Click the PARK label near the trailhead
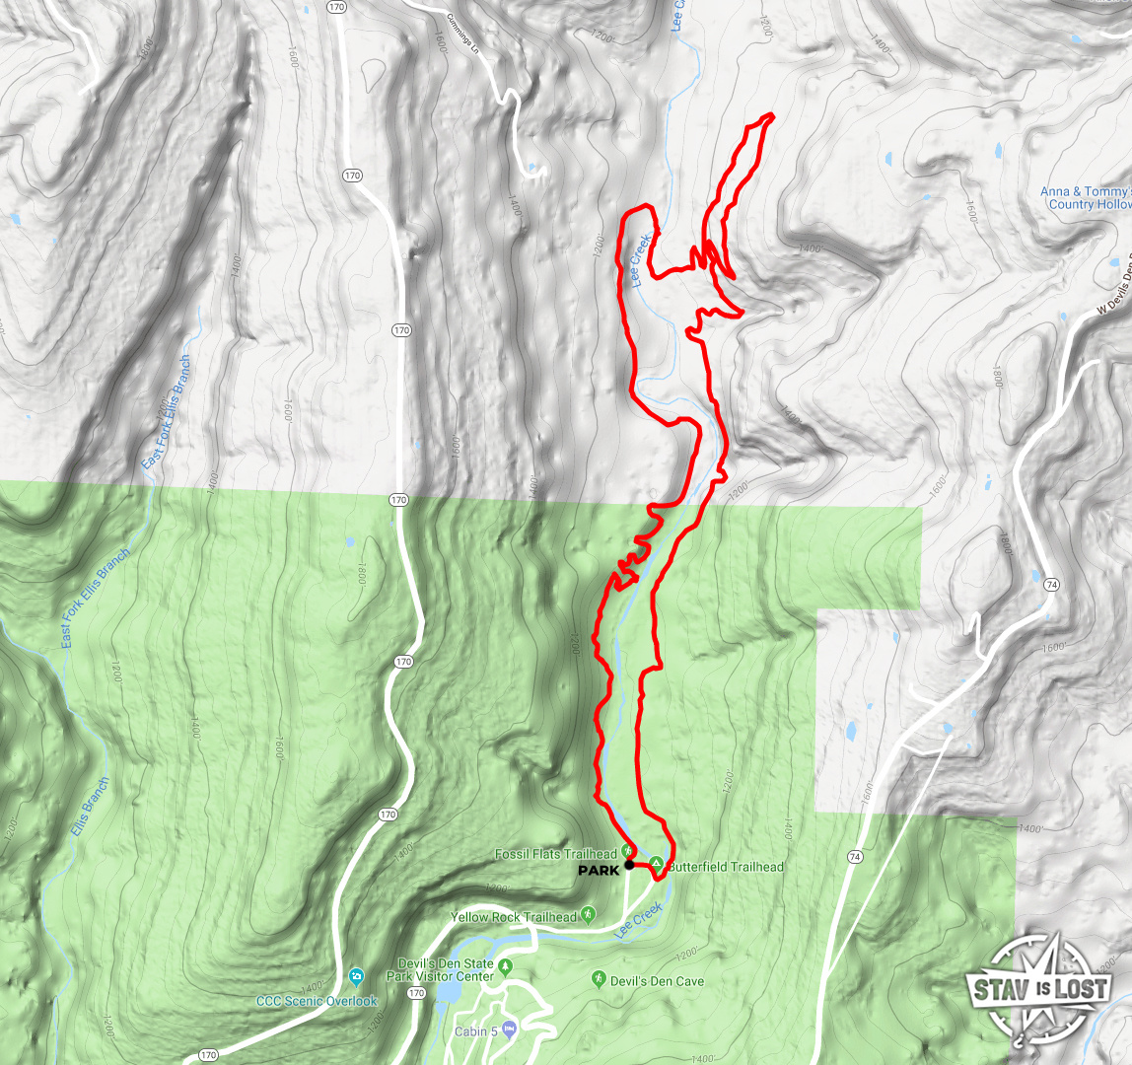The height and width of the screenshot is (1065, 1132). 599,871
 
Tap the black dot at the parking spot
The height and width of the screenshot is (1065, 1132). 629,865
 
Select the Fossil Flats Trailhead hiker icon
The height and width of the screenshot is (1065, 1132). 627,851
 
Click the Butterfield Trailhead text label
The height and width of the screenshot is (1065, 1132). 726,867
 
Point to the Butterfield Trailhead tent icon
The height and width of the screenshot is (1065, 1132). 657,864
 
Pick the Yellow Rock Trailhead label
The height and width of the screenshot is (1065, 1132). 514,917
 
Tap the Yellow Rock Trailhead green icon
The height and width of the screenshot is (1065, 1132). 589,916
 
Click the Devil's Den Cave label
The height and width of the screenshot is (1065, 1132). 658,981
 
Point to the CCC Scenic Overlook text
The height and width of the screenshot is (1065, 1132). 318,1001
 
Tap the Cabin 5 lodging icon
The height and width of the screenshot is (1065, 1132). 509,1029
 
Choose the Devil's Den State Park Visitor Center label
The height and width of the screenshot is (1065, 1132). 445,969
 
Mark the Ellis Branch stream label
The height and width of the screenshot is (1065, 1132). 89,808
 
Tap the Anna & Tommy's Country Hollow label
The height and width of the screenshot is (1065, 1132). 1085,198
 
